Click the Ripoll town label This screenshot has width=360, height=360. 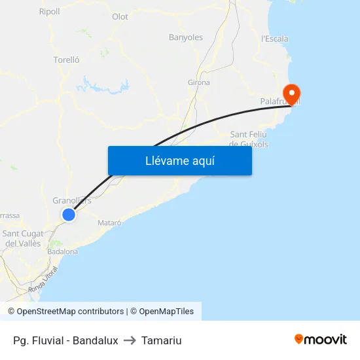49,11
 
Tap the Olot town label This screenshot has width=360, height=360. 120,17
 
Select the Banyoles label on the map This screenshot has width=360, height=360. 186,37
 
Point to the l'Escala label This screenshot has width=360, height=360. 275,39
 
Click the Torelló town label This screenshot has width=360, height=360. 66,60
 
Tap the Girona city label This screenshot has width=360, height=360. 199,82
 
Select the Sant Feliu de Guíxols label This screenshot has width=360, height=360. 249,139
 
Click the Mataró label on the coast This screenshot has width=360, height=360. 109,223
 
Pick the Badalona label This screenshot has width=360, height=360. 63,251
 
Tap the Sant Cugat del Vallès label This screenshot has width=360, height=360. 23,238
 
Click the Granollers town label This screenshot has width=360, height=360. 71,200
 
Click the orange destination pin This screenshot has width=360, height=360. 290,94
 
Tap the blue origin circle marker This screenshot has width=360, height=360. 69,214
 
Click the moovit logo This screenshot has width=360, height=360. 321,339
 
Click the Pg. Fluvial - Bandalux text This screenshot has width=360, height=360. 65,340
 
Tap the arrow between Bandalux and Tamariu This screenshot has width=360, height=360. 130,340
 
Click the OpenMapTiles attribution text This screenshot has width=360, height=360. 162,312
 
